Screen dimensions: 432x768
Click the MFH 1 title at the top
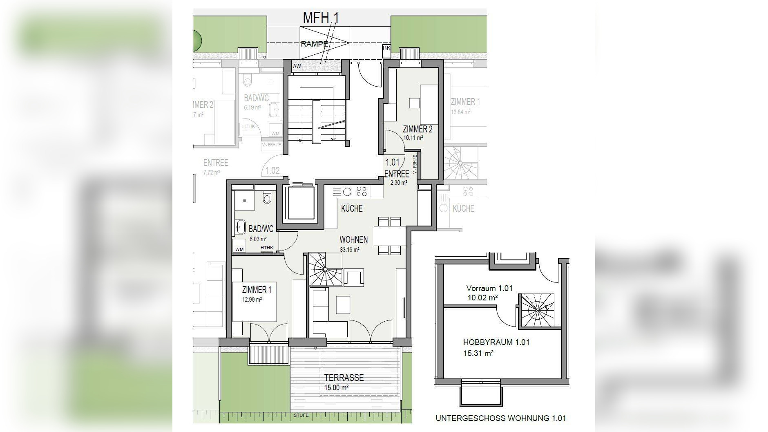[x=320, y=18]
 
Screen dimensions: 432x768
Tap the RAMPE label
[x=314, y=44]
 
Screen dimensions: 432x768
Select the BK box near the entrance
[x=386, y=48]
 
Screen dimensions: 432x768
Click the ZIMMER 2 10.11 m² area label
[x=417, y=133]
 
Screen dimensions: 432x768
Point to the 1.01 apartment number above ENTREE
[x=392, y=162]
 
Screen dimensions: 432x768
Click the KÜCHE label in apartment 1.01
[x=352, y=208]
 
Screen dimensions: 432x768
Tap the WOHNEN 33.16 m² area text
[x=353, y=244]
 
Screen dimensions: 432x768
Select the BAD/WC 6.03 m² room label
[x=261, y=233]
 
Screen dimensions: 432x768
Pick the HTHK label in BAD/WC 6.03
[x=267, y=248]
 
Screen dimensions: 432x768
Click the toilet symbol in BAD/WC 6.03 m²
[x=267, y=198]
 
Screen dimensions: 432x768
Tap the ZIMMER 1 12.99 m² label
[x=256, y=293]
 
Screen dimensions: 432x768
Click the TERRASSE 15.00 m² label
[x=344, y=382]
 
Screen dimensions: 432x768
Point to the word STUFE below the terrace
[x=301, y=415]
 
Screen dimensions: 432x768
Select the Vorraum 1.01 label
[x=489, y=289]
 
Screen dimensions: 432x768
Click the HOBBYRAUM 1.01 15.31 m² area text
[x=496, y=347]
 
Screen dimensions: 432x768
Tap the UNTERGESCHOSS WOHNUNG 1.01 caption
[x=500, y=418]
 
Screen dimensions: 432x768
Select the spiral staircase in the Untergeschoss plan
[x=537, y=311]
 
